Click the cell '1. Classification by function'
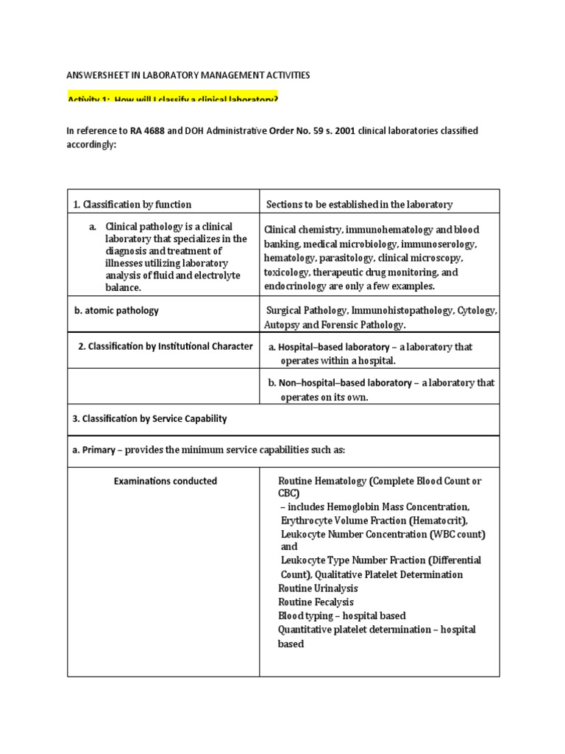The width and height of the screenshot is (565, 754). (132, 205)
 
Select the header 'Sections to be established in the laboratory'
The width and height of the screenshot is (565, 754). (359, 205)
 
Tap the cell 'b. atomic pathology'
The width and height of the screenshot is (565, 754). (116, 311)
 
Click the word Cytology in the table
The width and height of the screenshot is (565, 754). (477, 311)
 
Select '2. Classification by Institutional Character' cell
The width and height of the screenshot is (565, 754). (166, 346)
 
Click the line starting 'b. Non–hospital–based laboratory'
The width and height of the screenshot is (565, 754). (381, 383)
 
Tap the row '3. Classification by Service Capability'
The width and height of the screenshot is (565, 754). (149, 419)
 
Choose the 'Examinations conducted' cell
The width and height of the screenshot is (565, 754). (165, 481)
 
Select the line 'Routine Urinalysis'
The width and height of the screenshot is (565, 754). (318, 588)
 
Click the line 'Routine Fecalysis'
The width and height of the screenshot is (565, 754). (316, 602)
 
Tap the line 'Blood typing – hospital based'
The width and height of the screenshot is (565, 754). (341, 616)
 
